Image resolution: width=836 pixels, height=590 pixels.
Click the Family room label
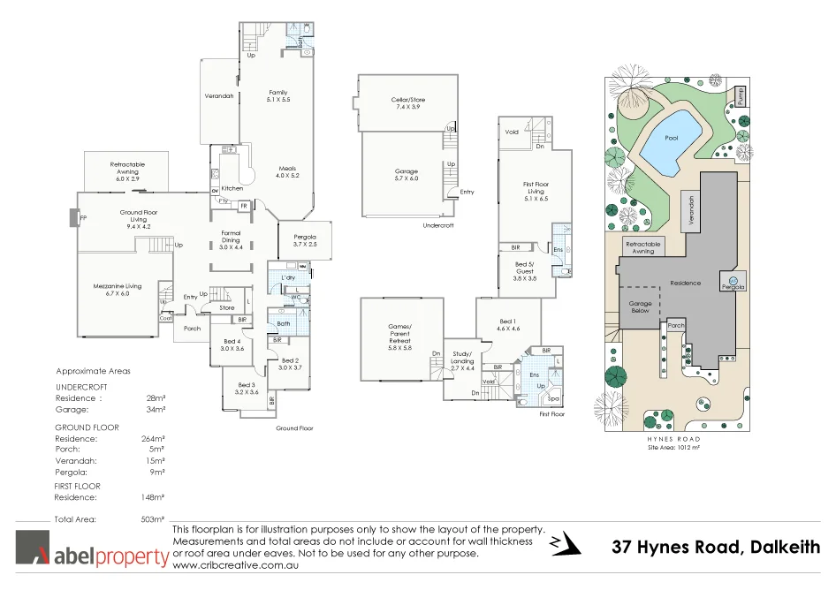pos(278,96)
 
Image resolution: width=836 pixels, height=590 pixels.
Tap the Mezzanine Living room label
pos(118,290)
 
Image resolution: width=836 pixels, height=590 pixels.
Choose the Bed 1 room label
pos(508,324)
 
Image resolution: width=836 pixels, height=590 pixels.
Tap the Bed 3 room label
pos(247,388)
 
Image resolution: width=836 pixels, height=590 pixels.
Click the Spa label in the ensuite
pos(553,398)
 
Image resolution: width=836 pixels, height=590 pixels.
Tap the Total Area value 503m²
pos(154,519)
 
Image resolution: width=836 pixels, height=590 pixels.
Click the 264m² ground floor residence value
pos(154,439)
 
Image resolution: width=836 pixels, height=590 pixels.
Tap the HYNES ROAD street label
pos(674,439)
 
